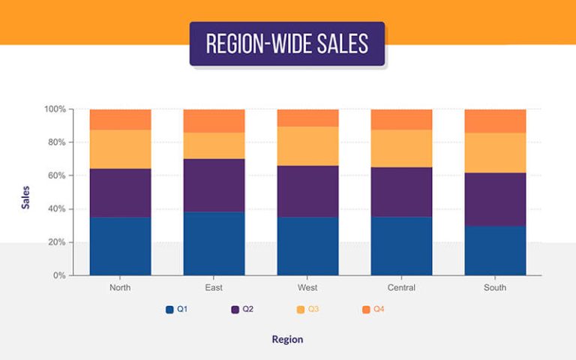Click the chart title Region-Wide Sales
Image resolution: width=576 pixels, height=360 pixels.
pos(287,43)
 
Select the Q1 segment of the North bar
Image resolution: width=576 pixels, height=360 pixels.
pos(120,246)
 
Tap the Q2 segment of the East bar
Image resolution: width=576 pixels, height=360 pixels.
pos(214,185)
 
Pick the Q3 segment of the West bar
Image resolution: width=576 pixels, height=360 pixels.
pos(307,146)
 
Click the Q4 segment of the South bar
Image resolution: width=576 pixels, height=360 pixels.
pos(495,121)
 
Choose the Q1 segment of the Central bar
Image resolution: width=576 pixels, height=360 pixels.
pos(401,246)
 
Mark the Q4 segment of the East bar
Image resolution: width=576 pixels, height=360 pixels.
pos(214,121)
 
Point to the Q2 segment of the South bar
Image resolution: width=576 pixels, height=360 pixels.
pos(495,199)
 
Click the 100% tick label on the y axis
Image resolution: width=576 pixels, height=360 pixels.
pos(55,109)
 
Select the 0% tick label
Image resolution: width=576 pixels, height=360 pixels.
pos(60,276)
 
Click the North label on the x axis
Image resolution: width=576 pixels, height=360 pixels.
pos(120,288)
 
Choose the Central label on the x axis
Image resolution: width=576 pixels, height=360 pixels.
pos(401,288)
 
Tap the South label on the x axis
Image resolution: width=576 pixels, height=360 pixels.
pos(495,288)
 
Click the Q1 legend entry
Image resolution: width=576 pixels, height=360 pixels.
pos(177,309)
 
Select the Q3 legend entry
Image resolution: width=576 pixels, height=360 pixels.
pos(307,309)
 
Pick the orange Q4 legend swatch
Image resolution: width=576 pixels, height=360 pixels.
pos(366,309)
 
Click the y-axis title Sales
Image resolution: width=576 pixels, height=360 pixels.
pos(25,196)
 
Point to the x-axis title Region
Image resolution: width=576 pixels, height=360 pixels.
pos(287,340)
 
